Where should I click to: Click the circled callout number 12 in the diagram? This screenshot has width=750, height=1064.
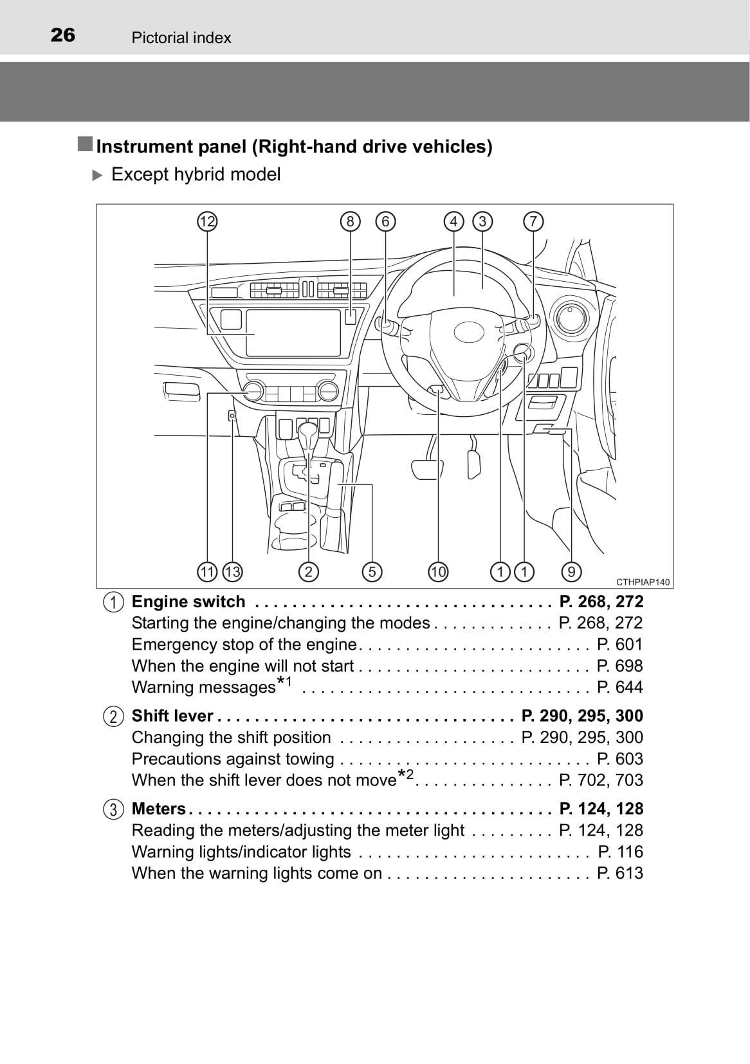click(x=207, y=222)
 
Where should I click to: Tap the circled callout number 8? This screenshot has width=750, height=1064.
click(x=350, y=222)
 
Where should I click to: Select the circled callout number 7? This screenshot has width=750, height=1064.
click(x=533, y=222)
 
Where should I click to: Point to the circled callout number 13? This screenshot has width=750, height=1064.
click(x=232, y=571)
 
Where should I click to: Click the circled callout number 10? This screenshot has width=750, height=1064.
click(x=437, y=571)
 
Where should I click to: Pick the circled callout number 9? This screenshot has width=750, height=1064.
click(x=571, y=571)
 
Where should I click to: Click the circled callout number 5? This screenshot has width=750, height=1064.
click(x=372, y=571)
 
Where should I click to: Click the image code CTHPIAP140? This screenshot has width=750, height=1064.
click(x=643, y=582)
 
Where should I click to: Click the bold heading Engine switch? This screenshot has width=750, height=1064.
click(x=188, y=601)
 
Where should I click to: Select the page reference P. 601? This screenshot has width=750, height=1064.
click(x=619, y=644)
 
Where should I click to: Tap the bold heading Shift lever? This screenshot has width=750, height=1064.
click(x=172, y=715)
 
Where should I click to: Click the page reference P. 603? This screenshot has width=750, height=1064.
click(x=619, y=758)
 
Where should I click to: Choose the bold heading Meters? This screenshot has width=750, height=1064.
click(x=158, y=809)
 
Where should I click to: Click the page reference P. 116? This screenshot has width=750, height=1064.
click(x=620, y=852)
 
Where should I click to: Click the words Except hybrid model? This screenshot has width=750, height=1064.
click(x=196, y=174)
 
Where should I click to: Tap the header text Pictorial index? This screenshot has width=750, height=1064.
click(x=181, y=38)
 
